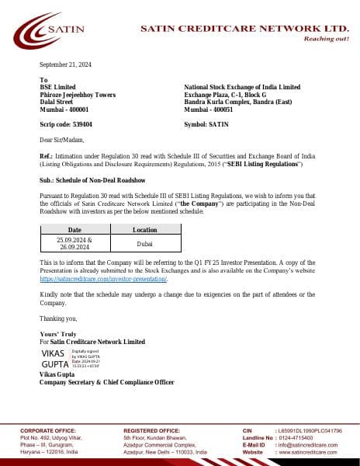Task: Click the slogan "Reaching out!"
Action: (x=326, y=38)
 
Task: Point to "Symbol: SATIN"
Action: (x=206, y=124)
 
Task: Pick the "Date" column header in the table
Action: (x=74, y=230)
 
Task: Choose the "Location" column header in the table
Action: (x=144, y=230)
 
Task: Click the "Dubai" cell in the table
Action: (x=144, y=244)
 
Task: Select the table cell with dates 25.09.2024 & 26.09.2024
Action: (x=74, y=244)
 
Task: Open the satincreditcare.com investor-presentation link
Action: (x=103, y=277)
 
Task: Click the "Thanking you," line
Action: (x=58, y=318)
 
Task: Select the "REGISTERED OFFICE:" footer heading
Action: (x=151, y=429)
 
